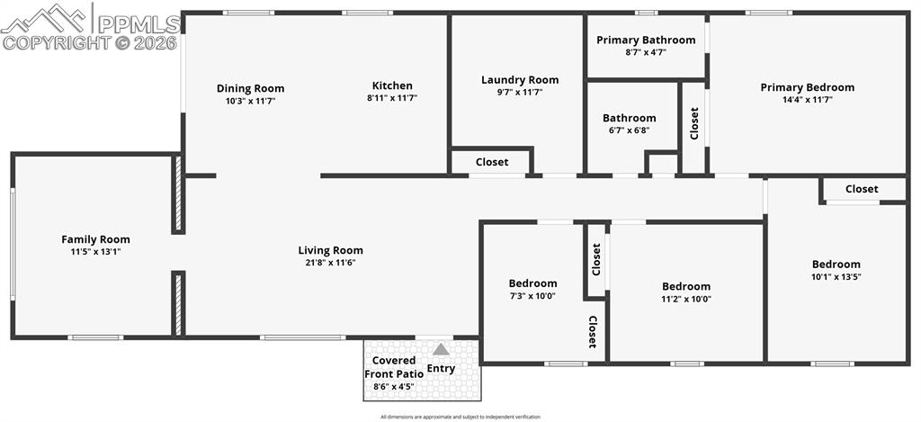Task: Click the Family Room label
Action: click(x=95, y=239)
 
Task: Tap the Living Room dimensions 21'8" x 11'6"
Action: click(x=331, y=263)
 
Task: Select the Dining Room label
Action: click(x=250, y=88)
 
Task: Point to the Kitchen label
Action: click(x=392, y=86)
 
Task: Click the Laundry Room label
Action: click(x=520, y=80)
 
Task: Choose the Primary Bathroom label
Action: click(x=646, y=40)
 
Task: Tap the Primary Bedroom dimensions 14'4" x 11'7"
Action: click(x=808, y=100)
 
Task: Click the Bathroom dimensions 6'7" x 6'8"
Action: click(x=630, y=130)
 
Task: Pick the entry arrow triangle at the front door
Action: click(x=441, y=349)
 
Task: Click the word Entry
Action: click(x=441, y=368)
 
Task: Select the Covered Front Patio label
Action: click(x=393, y=367)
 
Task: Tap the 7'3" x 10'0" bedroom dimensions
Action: click(x=532, y=296)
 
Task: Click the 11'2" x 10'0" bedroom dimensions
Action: click(x=686, y=299)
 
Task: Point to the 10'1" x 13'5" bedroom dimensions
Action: click(x=836, y=276)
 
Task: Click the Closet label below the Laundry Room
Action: click(x=492, y=163)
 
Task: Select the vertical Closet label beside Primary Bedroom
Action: click(x=694, y=123)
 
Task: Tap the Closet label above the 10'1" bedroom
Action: click(x=862, y=189)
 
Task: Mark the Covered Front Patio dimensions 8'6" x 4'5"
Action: click(x=394, y=387)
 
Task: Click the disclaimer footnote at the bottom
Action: click(x=460, y=417)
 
